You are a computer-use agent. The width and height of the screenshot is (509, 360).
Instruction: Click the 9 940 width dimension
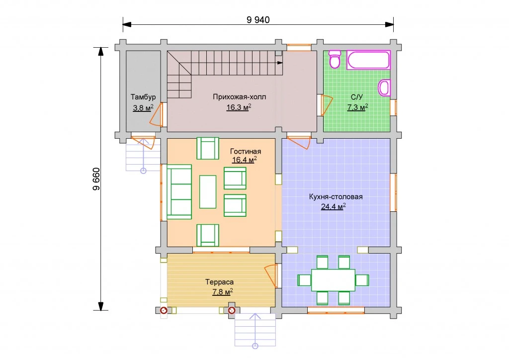click(x=258, y=20)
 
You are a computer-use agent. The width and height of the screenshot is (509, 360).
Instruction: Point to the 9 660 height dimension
click(x=96, y=179)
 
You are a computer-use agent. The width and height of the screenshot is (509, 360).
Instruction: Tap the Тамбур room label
click(x=143, y=97)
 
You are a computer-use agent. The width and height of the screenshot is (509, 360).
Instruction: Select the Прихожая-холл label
click(x=239, y=97)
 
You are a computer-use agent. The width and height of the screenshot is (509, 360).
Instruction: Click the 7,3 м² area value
click(x=357, y=107)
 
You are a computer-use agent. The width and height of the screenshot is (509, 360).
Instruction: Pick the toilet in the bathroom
click(x=335, y=59)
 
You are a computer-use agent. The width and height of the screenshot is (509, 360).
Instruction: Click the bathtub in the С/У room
click(x=368, y=60)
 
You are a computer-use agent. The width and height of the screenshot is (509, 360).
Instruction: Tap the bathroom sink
click(x=384, y=88)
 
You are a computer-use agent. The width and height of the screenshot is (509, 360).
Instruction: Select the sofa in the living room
click(x=179, y=192)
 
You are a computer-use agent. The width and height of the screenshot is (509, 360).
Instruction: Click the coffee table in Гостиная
click(x=208, y=192)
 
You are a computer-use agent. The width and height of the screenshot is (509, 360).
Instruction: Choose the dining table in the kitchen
click(x=333, y=280)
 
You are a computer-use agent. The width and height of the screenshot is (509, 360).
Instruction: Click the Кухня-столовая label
click(x=336, y=197)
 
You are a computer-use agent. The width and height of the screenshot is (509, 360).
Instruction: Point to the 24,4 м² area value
click(x=334, y=206)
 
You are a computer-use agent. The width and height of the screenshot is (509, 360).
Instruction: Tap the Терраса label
click(x=219, y=282)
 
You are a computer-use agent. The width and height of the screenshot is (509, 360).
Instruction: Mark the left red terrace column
click(x=164, y=310)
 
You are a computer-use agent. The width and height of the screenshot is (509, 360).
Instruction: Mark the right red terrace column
click(x=232, y=310)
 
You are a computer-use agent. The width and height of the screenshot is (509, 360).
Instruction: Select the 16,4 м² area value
click(x=245, y=160)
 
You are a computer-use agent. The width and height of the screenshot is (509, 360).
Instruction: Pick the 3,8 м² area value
click(x=143, y=107)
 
